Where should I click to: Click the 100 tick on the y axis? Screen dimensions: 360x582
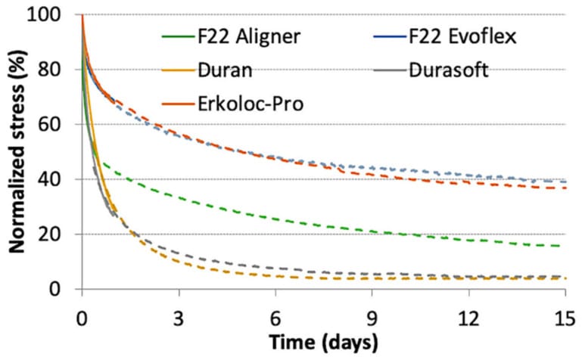58,15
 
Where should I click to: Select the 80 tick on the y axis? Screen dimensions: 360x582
62,70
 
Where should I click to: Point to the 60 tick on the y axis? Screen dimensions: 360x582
62,125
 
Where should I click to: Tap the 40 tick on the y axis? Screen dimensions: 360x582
62,180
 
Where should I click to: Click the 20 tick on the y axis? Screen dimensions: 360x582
62,234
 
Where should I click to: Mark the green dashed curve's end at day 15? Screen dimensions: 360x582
566,246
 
